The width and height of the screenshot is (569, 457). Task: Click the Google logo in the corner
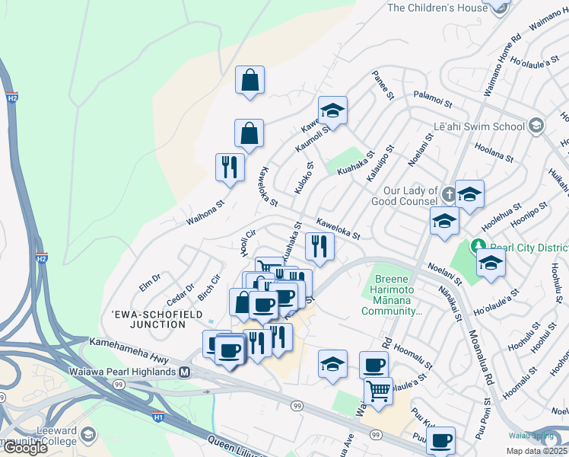(x=25, y=448)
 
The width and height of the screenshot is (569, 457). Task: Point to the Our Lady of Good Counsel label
(x=405, y=196)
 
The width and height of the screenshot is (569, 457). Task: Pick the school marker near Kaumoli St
(x=332, y=110)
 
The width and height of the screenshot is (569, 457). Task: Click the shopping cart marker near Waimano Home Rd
(x=377, y=391)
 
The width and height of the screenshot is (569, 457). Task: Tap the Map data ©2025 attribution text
(x=536, y=451)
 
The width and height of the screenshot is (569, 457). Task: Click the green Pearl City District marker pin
(x=478, y=246)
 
